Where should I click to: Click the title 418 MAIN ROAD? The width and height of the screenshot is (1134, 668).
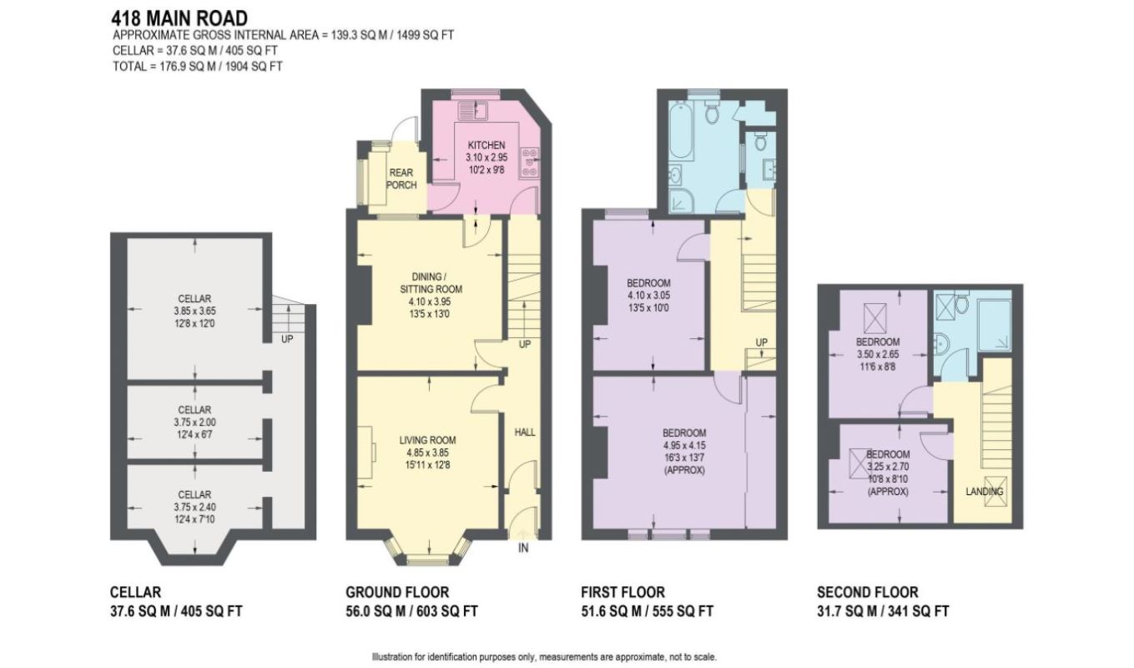pos(179,18)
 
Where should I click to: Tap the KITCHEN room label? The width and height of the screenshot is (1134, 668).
pos(486,144)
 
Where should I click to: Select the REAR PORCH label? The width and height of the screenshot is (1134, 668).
pos(401,179)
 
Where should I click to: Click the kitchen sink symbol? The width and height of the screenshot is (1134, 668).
pos(471,110)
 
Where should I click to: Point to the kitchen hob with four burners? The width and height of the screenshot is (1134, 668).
pos(529,162)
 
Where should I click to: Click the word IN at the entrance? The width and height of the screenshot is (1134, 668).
pos(523,548)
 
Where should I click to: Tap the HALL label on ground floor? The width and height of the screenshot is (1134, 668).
pos(525,432)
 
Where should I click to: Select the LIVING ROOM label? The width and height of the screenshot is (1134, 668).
pos(427,440)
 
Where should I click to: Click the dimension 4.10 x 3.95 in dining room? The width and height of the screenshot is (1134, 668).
pos(430,301)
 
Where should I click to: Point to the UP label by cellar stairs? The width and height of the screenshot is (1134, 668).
pos(287,339)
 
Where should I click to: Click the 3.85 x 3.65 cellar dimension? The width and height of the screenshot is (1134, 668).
pos(194,311)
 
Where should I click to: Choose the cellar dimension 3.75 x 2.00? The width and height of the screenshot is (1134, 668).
pos(194,422)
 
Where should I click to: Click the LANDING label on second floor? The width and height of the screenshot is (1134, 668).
pos(984,491)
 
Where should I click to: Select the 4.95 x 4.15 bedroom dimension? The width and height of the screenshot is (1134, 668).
pos(684,445)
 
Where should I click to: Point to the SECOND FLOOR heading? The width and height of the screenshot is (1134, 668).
pos(867,592)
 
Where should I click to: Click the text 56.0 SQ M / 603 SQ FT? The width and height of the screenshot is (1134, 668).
pos(411,611)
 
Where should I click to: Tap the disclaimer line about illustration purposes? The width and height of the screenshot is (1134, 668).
pos(544,657)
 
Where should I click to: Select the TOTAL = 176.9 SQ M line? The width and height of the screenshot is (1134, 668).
pos(198,66)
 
